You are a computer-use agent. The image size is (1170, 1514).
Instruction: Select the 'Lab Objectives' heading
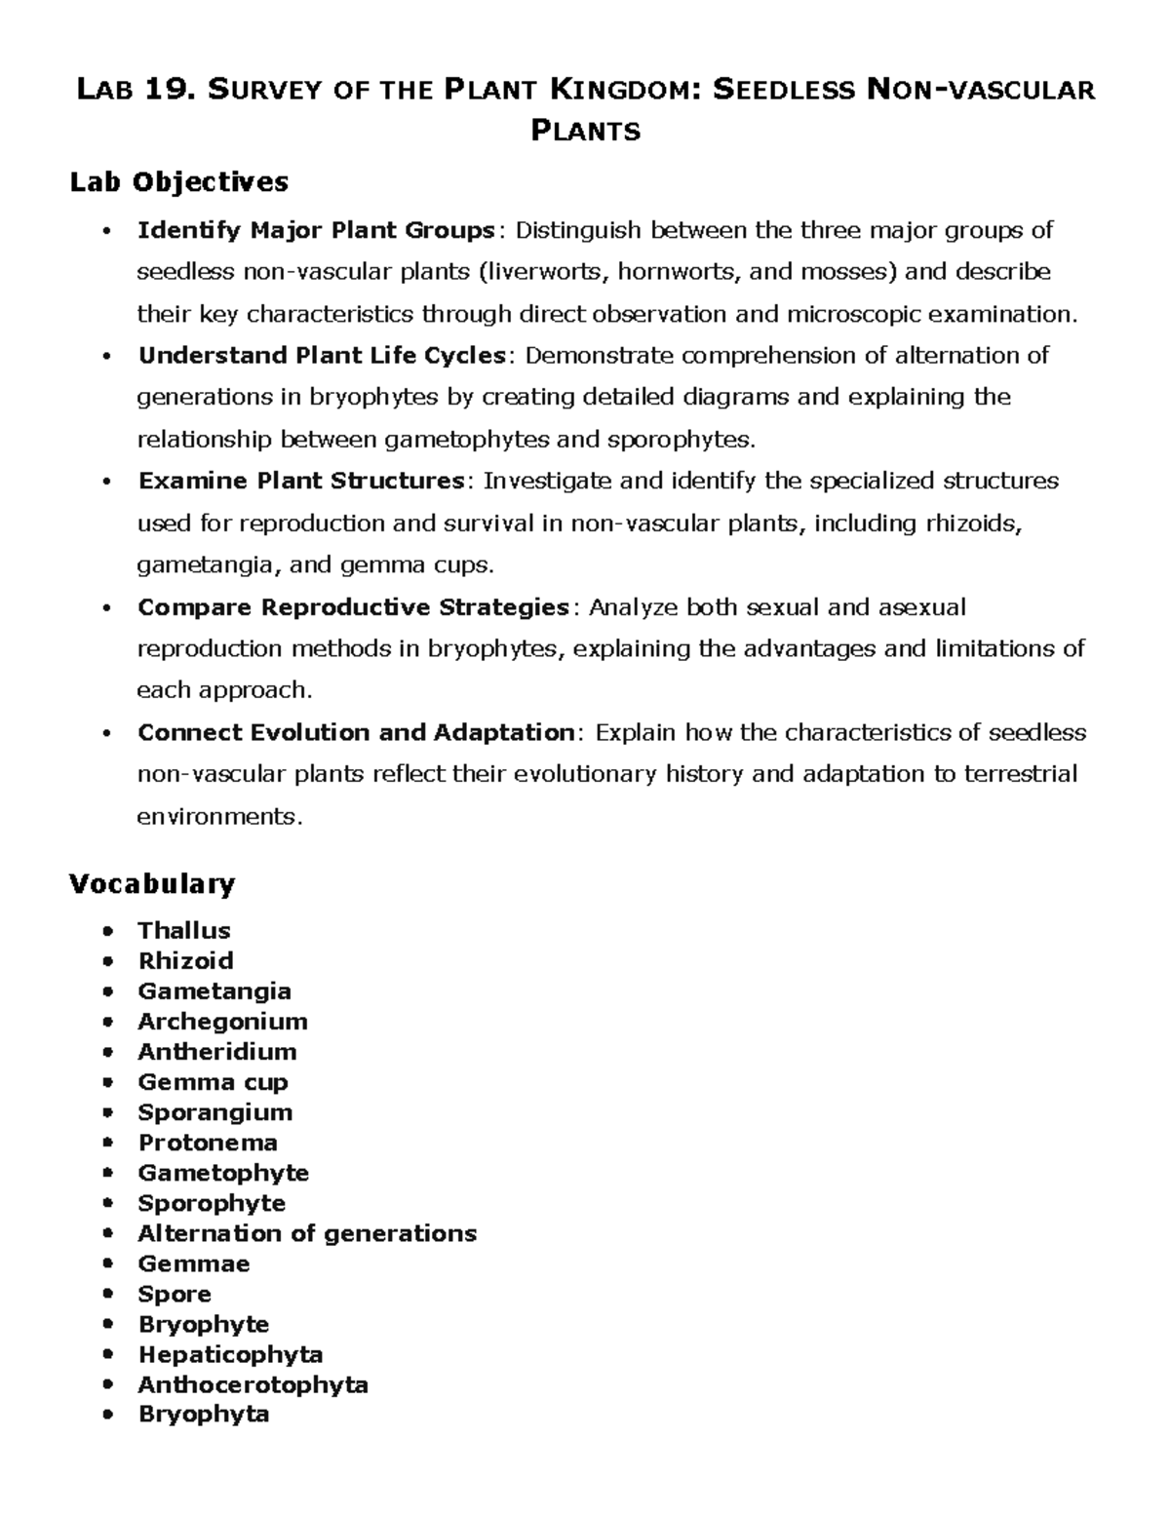[178, 182]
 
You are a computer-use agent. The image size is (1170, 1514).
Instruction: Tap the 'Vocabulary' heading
[151, 884]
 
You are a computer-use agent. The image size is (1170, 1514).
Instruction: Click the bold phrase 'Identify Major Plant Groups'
[316, 231]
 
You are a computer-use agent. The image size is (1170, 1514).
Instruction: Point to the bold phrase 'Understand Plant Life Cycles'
[322, 355]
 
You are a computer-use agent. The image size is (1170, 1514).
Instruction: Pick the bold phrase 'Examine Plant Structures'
[301, 482]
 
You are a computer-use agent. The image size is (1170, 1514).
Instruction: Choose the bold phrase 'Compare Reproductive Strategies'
[353, 607]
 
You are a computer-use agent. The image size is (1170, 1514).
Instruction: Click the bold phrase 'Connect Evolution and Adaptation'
[357, 733]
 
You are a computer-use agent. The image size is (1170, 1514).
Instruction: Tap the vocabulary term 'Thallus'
[183, 930]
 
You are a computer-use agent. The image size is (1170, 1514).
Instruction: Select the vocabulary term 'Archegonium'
[222, 1021]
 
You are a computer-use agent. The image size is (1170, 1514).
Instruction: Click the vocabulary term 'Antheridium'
[217, 1051]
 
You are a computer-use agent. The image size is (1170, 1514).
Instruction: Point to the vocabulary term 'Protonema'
[208, 1142]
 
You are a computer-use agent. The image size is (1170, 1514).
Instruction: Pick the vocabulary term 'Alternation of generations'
[307, 1233]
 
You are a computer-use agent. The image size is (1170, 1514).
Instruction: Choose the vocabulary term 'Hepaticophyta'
[230, 1354]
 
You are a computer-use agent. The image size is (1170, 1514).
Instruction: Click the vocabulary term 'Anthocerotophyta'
[253, 1384]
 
